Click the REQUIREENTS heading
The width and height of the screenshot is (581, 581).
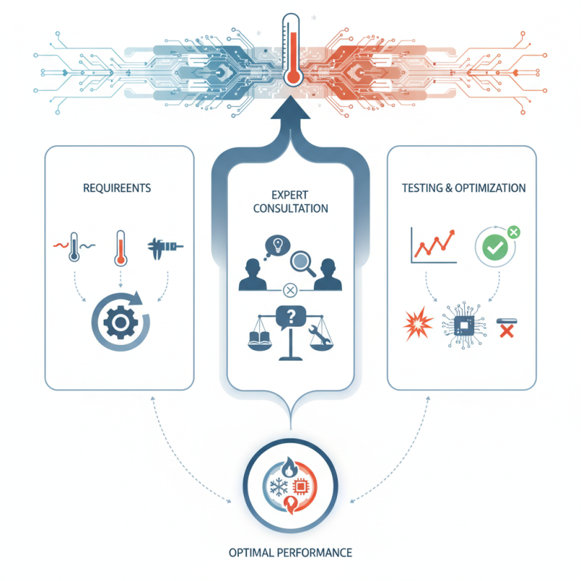(117, 188)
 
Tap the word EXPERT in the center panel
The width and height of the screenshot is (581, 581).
(290, 195)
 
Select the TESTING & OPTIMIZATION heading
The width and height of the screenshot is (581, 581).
(463, 188)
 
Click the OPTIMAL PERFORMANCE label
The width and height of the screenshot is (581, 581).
(290, 553)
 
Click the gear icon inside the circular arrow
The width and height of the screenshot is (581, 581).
(121, 322)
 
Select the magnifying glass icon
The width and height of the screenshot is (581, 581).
(303, 264)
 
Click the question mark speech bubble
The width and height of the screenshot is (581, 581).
(291, 317)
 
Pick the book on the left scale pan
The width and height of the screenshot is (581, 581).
(259, 338)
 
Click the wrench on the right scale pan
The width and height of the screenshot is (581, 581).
(320, 334)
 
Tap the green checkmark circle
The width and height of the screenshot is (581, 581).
(495, 247)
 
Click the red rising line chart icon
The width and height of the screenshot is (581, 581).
(434, 244)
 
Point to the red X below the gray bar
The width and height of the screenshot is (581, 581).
(506, 331)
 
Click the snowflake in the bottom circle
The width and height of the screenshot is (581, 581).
(279, 487)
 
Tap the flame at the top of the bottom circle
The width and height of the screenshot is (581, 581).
(289, 467)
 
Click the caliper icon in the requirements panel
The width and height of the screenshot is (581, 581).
(165, 246)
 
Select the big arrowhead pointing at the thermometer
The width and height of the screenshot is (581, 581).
(290, 107)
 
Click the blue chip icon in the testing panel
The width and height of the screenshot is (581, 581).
(464, 325)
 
